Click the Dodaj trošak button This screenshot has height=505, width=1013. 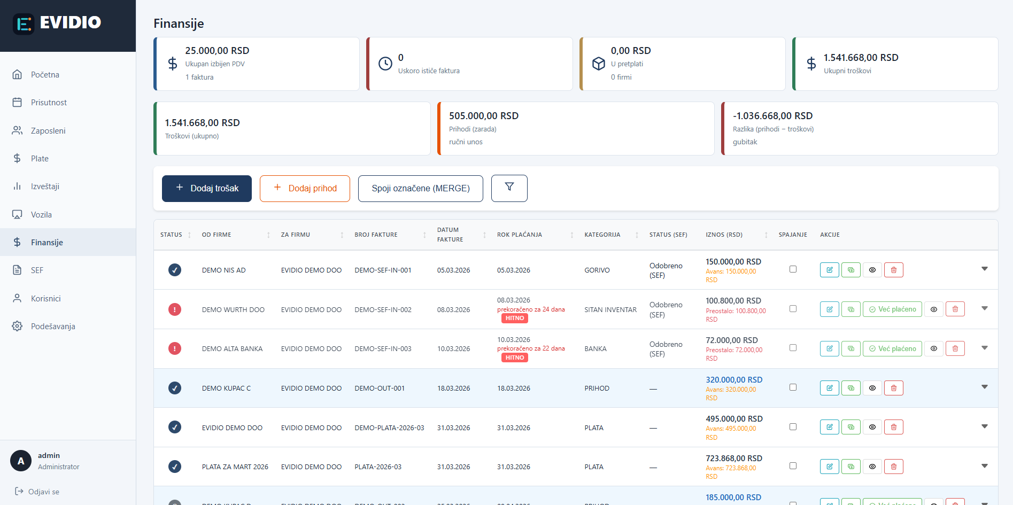(206, 188)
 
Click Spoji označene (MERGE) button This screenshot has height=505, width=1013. (420, 188)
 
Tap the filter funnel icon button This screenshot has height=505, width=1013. (509, 188)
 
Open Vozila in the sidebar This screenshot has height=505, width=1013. (41, 214)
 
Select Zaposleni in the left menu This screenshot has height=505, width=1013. (48, 130)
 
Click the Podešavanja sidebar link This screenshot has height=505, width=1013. (52, 326)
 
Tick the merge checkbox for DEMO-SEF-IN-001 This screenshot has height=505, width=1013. (793, 269)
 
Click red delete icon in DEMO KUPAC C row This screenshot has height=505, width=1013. (893, 388)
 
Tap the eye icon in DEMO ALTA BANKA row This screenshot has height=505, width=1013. (933, 348)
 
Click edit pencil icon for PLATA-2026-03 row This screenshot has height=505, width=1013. (829, 467)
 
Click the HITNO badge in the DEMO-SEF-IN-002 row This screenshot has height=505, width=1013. (514, 318)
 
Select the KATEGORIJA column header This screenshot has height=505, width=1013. (602, 235)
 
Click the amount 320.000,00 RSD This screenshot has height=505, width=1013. (733, 379)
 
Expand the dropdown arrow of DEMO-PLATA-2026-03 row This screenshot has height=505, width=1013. (984, 426)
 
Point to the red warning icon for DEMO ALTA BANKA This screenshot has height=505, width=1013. (175, 348)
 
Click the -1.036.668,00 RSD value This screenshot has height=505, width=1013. (772, 116)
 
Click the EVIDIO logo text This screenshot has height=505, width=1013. (70, 22)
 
